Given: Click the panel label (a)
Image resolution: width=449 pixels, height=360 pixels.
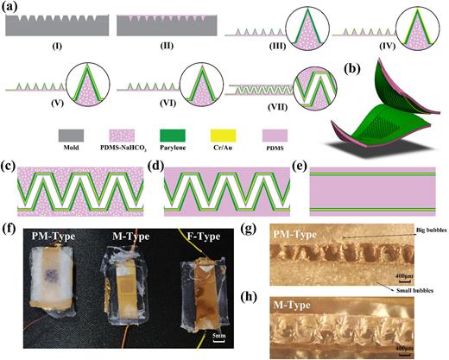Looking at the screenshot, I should (x=11, y=8).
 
